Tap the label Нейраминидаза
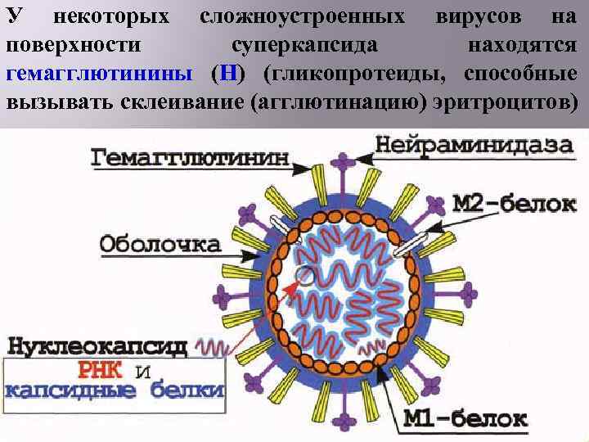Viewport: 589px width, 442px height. click(474, 146)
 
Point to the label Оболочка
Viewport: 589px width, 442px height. click(160, 243)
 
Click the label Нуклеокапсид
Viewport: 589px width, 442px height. click(97, 345)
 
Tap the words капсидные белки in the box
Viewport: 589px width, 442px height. click(114, 390)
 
